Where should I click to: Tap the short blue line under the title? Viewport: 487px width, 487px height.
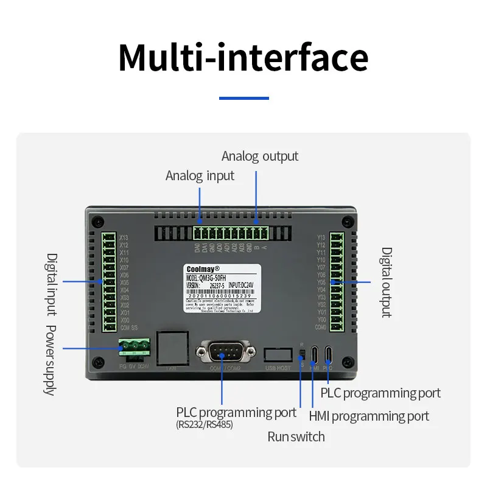pos(243,98)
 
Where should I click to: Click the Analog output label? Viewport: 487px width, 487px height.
pos(260,156)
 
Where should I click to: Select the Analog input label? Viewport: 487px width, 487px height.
pos(200,176)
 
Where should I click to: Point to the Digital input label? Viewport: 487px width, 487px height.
pos(52,284)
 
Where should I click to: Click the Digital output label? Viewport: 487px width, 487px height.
pos(387,282)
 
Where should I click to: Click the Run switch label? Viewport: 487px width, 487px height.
pos(296,436)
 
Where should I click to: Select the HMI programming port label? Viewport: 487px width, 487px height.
pos(369,416)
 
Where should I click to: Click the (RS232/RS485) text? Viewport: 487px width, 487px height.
pos(204,425)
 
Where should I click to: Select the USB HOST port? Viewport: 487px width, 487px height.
pos(278,354)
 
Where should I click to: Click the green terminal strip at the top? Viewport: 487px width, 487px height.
pos(231,233)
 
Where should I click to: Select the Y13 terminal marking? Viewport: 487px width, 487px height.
pos(321,237)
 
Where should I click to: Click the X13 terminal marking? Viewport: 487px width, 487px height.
pos(124,237)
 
